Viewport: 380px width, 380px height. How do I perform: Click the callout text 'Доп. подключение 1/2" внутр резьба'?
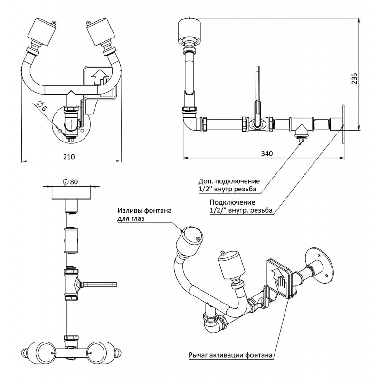click(x=229, y=185)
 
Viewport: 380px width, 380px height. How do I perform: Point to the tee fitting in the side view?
click(x=300, y=126)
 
